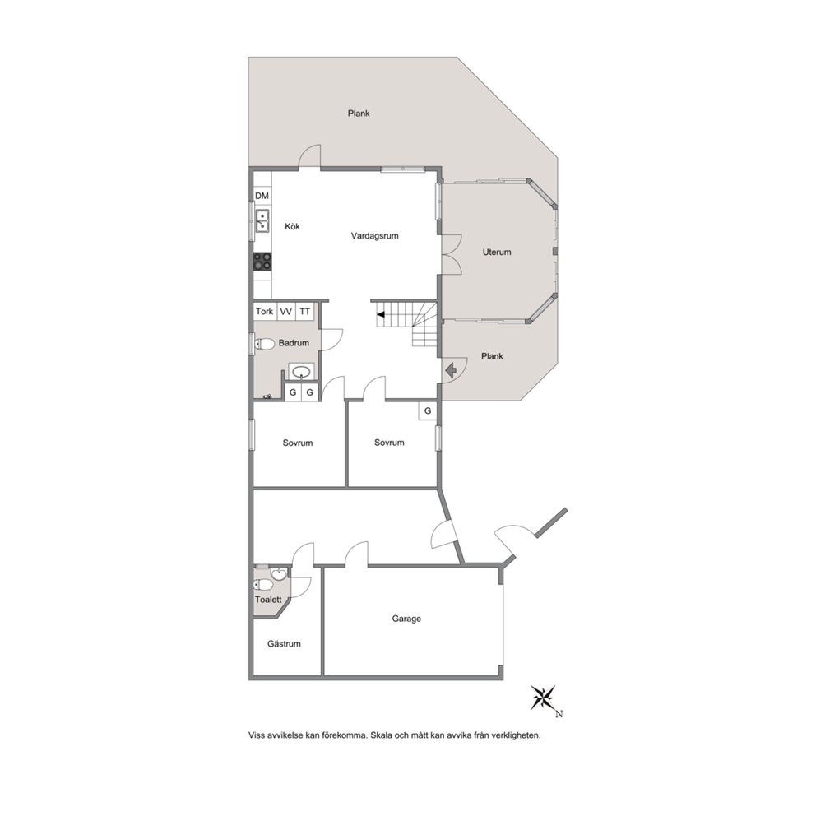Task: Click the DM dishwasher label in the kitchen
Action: click(262, 196)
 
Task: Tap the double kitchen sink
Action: click(262, 220)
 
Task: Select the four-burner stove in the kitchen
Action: click(262, 262)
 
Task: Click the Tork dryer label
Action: click(264, 311)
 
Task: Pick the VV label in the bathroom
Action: click(285, 312)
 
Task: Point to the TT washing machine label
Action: click(305, 311)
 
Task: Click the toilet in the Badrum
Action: click(265, 344)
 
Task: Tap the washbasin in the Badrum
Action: click(301, 372)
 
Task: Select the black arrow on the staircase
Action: click(381, 314)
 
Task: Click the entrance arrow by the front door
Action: click(452, 370)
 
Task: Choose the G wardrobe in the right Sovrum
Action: click(428, 410)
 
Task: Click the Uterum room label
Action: click(497, 252)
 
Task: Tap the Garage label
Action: click(406, 619)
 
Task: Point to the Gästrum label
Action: click(284, 644)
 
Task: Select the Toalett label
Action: click(268, 600)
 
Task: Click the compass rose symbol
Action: click(543, 698)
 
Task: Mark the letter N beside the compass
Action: click(559, 714)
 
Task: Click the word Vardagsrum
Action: click(375, 236)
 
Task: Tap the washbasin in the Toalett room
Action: click(279, 573)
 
